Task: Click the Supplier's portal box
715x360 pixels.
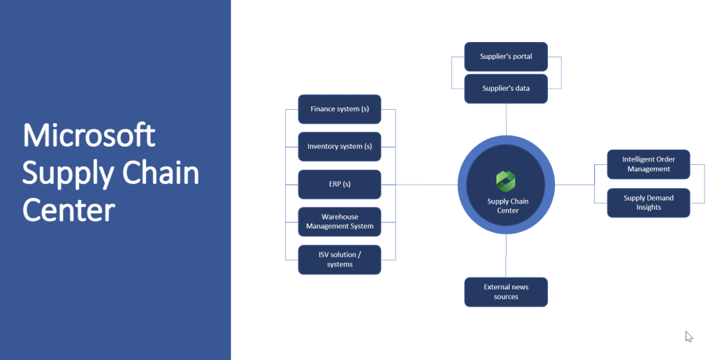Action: pos(506,57)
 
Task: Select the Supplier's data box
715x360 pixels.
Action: pos(506,89)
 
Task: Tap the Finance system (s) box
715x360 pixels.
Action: pos(340,109)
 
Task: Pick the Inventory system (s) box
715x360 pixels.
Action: pos(340,147)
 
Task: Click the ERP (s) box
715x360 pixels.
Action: pos(340,185)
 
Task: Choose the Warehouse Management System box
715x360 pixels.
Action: pos(340,222)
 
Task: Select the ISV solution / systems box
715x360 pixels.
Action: pos(340,259)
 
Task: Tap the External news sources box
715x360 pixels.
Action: pos(506,292)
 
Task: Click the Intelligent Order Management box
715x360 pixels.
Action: pos(648,164)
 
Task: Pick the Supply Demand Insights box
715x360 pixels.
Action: pos(648,203)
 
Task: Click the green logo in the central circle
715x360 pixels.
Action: pos(506,180)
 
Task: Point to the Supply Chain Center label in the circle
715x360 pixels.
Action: pos(507,206)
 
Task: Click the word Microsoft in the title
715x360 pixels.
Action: pos(89,135)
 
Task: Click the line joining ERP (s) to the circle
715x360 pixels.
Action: pos(426,185)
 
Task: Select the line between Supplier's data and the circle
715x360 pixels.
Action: pos(506,119)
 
